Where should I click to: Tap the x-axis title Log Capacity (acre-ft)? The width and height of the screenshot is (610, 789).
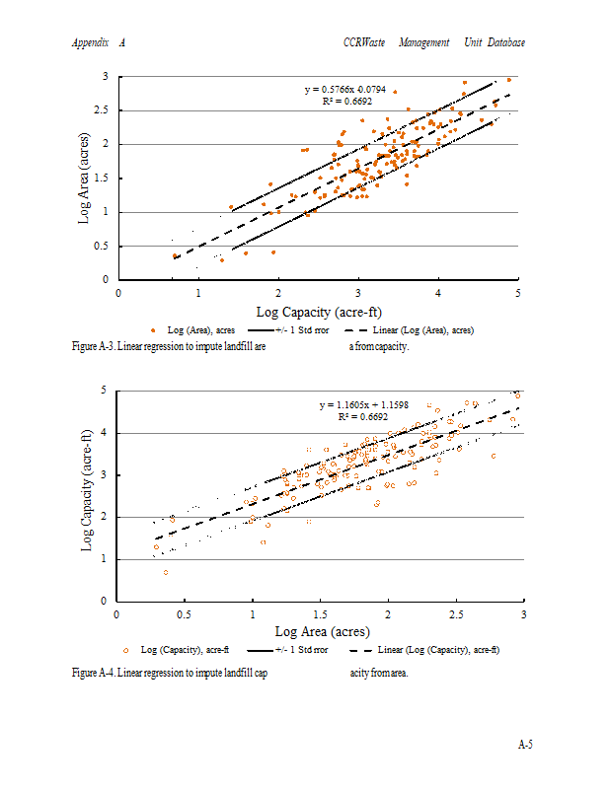coord(318,312)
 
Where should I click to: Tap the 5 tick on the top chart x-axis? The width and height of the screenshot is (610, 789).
coord(517,293)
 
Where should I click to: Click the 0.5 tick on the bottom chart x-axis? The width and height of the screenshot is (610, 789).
coord(184,614)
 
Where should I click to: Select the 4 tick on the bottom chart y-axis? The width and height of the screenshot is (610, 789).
coord(103,432)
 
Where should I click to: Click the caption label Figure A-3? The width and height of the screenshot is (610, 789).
coord(93,347)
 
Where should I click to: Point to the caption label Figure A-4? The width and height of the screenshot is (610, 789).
coord(93,673)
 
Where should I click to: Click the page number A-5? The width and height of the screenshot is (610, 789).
coord(525,745)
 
